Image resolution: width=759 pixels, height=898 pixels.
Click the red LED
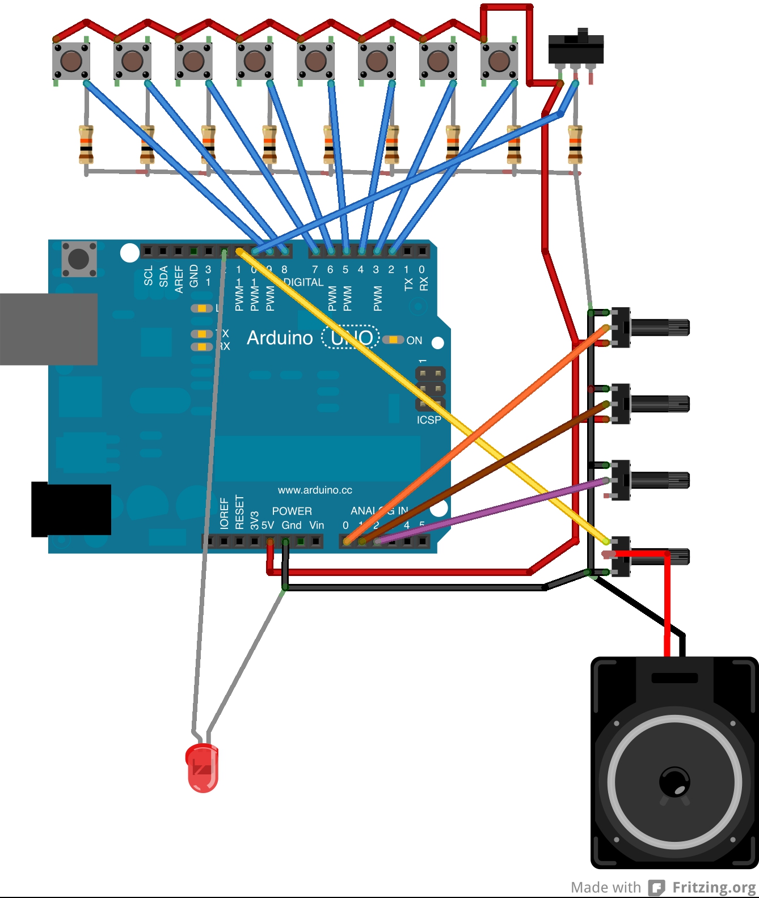point(202,768)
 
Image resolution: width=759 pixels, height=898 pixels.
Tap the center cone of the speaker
point(674,782)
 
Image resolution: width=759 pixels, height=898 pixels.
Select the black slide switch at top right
point(576,49)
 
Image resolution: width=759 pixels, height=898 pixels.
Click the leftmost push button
point(71,60)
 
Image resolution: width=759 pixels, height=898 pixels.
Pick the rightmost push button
point(499,60)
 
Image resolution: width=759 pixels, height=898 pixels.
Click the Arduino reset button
point(79,259)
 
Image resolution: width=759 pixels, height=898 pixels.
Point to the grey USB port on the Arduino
point(48,329)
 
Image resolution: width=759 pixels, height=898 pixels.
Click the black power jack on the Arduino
point(71,509)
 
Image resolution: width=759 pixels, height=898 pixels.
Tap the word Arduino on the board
point(280,338)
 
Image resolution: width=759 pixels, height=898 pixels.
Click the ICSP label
point(429,420)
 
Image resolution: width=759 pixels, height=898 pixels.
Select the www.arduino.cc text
point(315,490)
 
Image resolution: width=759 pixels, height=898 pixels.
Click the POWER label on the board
point(292,511)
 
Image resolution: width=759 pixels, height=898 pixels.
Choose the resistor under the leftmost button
point(86,145)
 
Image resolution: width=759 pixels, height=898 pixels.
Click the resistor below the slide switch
point(575,145)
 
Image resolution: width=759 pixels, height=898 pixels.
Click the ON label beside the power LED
point(414,340)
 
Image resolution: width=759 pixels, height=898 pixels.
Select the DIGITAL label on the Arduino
point(303,282)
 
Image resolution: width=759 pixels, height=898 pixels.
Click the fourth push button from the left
point(255,60)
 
